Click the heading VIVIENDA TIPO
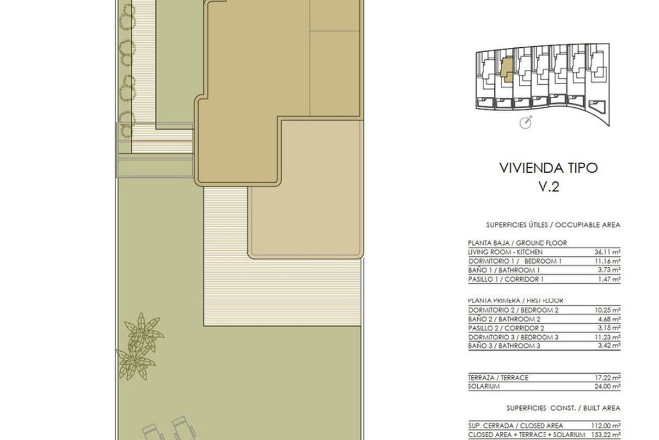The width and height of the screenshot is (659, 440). point(549,168)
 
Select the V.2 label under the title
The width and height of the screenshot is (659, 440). point(549,186)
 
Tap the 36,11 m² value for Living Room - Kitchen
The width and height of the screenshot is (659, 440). point(607,252)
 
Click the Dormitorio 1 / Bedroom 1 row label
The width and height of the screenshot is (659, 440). point(515,261)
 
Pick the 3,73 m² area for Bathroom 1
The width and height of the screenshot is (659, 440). point(609,270)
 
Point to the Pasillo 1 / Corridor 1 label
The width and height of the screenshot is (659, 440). point(506,279)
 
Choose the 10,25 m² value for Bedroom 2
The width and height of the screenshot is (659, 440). point(607,310)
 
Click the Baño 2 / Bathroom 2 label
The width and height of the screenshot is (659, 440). point(504,319)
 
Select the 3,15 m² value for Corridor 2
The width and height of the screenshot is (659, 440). point(609,328)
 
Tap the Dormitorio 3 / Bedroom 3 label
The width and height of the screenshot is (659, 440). point(513,337)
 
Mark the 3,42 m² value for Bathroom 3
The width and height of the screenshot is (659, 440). point(609,345)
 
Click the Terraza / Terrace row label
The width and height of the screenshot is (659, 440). point(499,377)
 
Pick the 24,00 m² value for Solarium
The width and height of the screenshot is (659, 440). point(607,386)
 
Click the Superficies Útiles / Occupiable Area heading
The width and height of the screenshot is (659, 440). point(553,225)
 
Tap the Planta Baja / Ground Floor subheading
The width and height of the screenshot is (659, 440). point(517,243)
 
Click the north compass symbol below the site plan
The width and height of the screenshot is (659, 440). point(526,122)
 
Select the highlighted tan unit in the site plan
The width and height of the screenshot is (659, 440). point(507,69)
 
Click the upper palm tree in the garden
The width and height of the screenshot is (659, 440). point(143,332)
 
